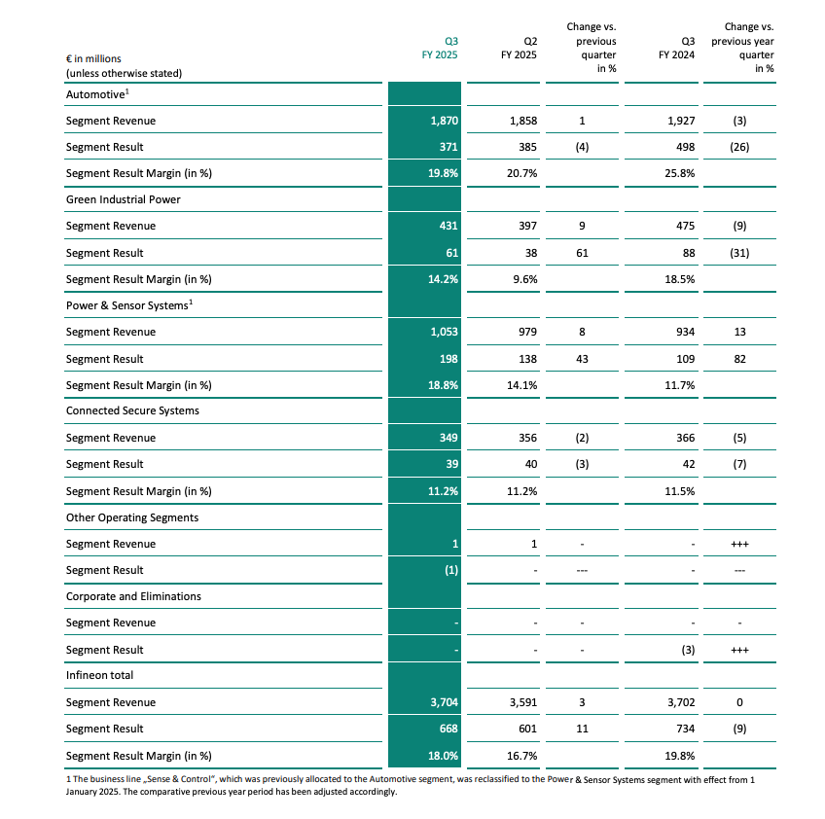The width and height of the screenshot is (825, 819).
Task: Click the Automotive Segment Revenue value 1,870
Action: (444, 121)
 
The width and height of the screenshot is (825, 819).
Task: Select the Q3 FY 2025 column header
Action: (440, 48)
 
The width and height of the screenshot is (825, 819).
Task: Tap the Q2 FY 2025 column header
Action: (519, 48)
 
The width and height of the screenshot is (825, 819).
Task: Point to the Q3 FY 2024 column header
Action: (676, 48)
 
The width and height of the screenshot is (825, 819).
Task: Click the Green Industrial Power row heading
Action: (124, 199)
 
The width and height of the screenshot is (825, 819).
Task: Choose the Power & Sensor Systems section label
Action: (129, 305)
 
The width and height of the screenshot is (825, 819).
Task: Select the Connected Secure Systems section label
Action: (132, 410)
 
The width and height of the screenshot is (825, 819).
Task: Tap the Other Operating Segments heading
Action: (132, 517)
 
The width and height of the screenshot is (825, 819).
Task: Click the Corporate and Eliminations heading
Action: (133, 596)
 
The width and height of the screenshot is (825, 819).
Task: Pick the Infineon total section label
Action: (99, 675)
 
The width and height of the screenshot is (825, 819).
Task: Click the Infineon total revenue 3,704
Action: (444, 702)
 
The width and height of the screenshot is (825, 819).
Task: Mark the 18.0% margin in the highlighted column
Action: (443, 756)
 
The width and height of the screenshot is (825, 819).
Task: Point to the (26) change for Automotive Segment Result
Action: (739, 147)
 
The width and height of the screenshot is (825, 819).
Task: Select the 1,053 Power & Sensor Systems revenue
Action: (444, 332)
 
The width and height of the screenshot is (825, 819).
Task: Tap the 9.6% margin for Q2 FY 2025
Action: (525, 279)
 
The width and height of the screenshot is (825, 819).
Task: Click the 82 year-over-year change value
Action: (739, 359)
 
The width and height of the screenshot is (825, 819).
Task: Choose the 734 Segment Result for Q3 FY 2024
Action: (686, 729)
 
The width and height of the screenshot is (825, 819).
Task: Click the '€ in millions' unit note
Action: (93, 58)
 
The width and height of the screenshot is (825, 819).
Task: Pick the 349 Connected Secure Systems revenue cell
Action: (448, 438)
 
